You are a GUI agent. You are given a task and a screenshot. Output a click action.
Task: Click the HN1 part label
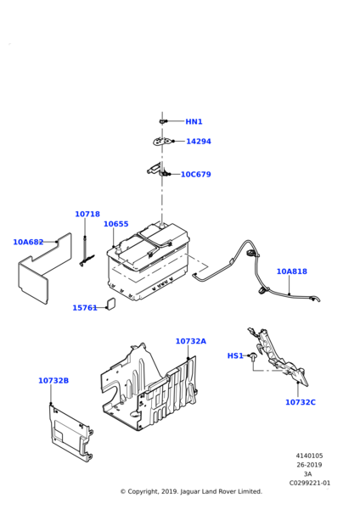click(x=194, y=121)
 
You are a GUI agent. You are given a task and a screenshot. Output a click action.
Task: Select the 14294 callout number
click(x=199, y=142)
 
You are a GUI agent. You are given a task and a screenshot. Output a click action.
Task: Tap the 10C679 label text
click(x=196, y=174)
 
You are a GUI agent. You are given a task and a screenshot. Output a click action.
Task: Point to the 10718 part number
click(x=87, y=215)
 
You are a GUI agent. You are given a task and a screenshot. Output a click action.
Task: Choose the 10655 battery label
click(x=116, y=224)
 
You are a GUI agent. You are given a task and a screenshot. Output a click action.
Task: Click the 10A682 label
click(x=28, y=242)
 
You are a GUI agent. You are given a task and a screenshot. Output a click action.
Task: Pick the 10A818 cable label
click(x=292, y=271)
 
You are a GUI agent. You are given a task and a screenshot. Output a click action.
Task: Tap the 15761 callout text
click(x=85, y=308)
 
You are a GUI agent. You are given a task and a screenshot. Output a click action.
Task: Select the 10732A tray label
click(x=191, y=341)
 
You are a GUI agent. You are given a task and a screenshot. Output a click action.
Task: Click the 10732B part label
click(x=53, y=380)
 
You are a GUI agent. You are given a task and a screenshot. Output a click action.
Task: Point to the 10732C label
click(x=301, y=402)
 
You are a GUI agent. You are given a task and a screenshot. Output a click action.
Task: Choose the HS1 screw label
click(x=235, y=355)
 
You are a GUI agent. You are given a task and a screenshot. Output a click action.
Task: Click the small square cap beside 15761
click(x=110, y=304)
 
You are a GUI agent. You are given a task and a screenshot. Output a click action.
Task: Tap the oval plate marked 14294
click(x=161, y=142)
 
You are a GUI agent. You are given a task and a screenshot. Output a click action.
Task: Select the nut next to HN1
click(x=162, y=121)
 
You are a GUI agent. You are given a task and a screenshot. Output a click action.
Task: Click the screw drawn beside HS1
click(x=253, y=356)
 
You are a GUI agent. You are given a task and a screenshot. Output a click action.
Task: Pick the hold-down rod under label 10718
click(x=86, y=252)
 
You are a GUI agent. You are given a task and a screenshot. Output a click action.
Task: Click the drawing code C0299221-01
click(x=310, y=483)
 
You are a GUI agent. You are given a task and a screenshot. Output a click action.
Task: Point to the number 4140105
click(x=309, y=456)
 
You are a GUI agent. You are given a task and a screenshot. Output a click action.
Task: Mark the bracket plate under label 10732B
click(x=70, y=433)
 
